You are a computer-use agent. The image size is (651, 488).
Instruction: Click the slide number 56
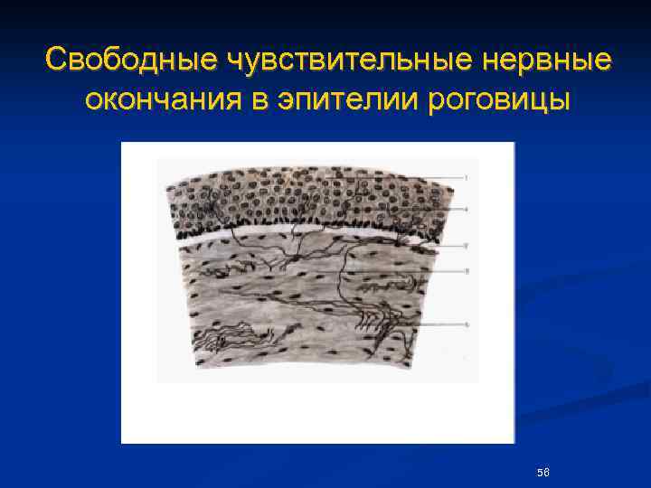(542, 473)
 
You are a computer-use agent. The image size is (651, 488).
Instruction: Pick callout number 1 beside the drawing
(466, 177)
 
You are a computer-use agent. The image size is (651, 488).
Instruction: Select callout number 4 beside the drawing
(466, 209)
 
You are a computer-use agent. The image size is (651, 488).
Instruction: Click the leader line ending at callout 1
(443, 177)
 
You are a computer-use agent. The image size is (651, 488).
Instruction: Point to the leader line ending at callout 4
(443, 209)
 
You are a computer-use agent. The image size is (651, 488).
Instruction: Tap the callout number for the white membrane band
(466, 245)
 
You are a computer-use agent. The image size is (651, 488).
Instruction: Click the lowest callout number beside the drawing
(466, 324)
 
